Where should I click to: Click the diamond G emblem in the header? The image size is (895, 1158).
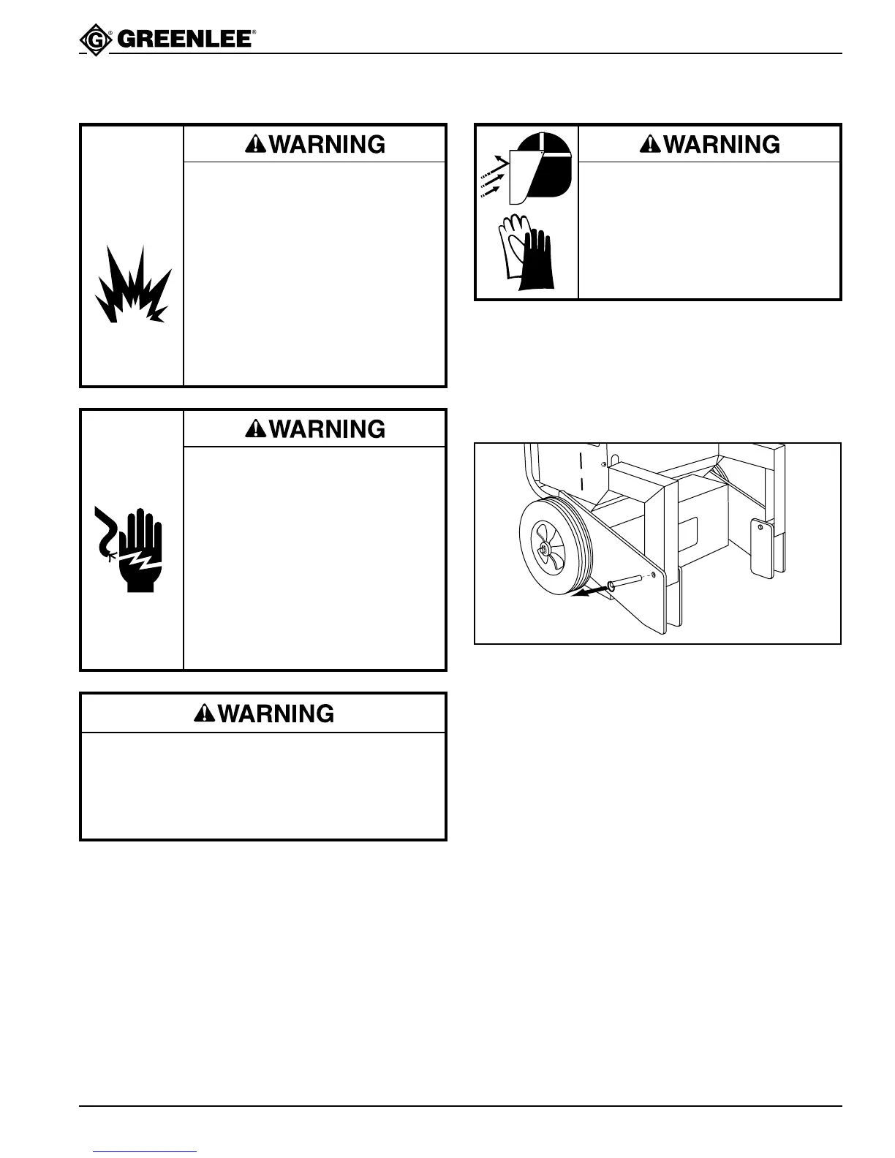pos(94,39)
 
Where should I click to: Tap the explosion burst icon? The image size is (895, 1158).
pos(132,285)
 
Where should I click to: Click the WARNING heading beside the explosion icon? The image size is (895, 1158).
pos(315,144)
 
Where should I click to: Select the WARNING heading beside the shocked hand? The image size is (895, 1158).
pos(315,428)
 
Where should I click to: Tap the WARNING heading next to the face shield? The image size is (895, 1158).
pos(710,144)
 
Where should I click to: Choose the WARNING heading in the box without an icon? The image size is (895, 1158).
pos(264,714)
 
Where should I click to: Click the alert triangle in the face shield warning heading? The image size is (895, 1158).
pos(649,145)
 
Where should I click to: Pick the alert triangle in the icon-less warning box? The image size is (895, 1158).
pos(204,714)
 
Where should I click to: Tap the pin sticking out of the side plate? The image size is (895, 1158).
pos(624,581)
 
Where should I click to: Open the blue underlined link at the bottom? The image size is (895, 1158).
pos(146,1152)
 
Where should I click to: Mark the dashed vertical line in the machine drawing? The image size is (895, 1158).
pos(581,473)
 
